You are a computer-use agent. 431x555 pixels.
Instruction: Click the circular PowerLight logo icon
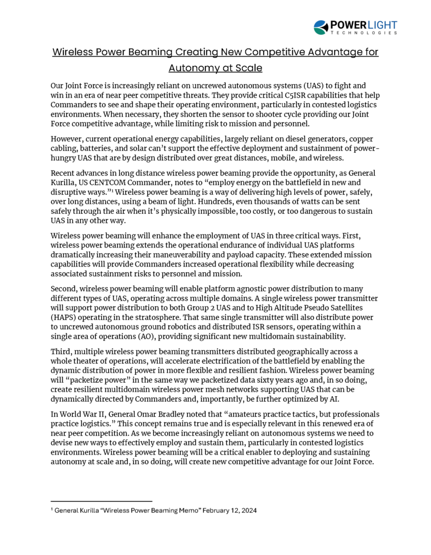coord(321,27)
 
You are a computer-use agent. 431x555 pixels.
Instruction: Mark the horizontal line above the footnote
coord(101,501)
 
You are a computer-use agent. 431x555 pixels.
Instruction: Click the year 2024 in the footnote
coord(247,511)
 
